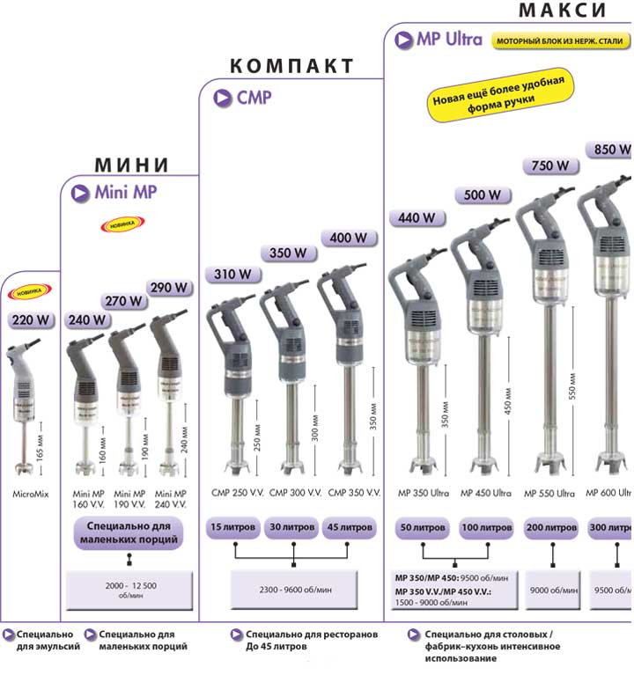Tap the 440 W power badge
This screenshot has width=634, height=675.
[x=417, y=217]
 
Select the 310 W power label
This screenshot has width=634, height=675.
[x=233, y=275]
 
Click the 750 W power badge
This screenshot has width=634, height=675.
[x=552, y=165]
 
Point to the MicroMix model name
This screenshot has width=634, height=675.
[x=31, y=494]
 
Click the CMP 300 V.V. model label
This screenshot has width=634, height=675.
[x=295, y=493]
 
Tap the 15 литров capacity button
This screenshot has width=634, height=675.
[x=233, y=528]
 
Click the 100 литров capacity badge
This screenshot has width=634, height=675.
[x=485, y=528]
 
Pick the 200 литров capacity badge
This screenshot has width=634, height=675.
[x=552, y=528]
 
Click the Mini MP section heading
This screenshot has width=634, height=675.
[x=126, y=192]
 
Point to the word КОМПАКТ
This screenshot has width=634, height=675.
[x=291, y=66]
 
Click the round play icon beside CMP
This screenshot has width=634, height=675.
[x=222, y=98]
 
